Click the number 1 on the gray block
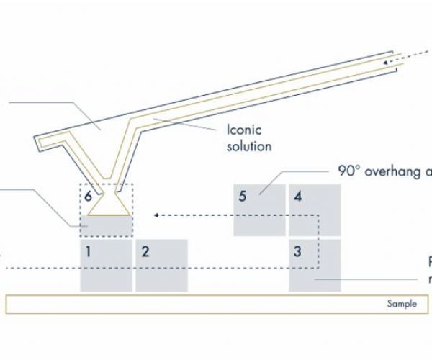pyautogui.click(x=88, y=251)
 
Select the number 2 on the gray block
pyautogui.click(x=145, y=251)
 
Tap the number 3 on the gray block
pyautogui.click(x=297, y=251)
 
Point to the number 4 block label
pyautogui.click(x=297, y=196)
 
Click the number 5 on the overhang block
pyautogui.click(x=243, y=196)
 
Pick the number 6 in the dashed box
pyautogui.click(x=88, y=196)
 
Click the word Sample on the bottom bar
pyautogui.click(x=401, y=304)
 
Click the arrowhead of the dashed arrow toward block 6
pyautogui.click(x=156, y=214)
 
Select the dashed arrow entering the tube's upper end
pyautogui.click(x=407, y=59)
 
